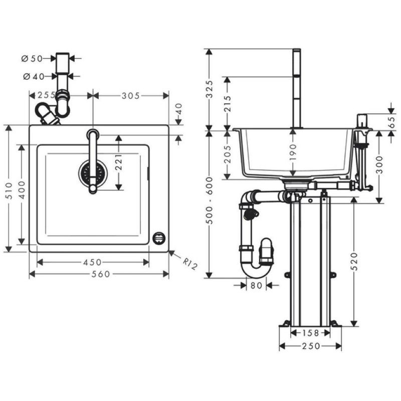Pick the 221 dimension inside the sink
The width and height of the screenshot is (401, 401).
click(x=119, y=162)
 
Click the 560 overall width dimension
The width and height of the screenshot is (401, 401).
click(x=99, y=274)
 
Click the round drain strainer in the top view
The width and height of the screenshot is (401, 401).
click(x=93, y=173)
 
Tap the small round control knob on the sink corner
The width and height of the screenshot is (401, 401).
click(x=159, y=237)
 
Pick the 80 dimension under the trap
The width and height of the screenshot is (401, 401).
click(x=256, y=285)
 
